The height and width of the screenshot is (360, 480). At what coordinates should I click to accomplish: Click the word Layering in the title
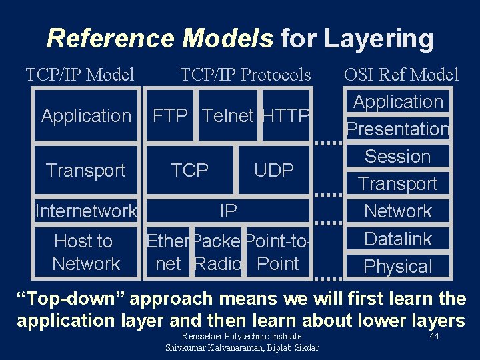tap(378, 39)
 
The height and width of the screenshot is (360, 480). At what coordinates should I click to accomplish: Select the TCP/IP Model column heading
tap(80, 75)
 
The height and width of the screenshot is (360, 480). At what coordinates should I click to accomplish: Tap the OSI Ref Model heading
tap(401, 75)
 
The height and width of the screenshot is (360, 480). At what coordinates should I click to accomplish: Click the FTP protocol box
tap(170, 116)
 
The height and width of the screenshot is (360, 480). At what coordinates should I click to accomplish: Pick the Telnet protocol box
tap(227, 116)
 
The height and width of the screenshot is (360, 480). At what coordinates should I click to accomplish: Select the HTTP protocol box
tap(286, 116)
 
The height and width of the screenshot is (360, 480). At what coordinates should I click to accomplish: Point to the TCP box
tap(190, 171)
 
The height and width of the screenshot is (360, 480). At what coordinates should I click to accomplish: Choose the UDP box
tap(273, 171)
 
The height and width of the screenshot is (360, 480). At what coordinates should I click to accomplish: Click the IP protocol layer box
tap(228, 211)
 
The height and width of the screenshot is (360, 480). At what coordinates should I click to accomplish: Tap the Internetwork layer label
tap(86, 211)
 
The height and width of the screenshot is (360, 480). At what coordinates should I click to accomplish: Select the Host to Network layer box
tap(86, 253)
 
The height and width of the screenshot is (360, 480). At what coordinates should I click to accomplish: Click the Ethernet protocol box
tap(168, 253)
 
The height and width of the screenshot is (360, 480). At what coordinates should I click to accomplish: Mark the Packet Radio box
tap(217, 253)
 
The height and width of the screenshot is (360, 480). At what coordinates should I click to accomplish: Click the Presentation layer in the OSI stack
tap(397, 129)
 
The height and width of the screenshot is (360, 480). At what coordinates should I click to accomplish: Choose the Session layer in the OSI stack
tap(397, 156)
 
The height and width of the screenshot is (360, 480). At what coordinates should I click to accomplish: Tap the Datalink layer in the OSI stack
tap(398, 239)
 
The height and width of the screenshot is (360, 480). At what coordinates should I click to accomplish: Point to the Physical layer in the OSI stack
tap(398, 266)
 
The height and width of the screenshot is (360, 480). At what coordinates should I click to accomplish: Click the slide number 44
tap(434, 337)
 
